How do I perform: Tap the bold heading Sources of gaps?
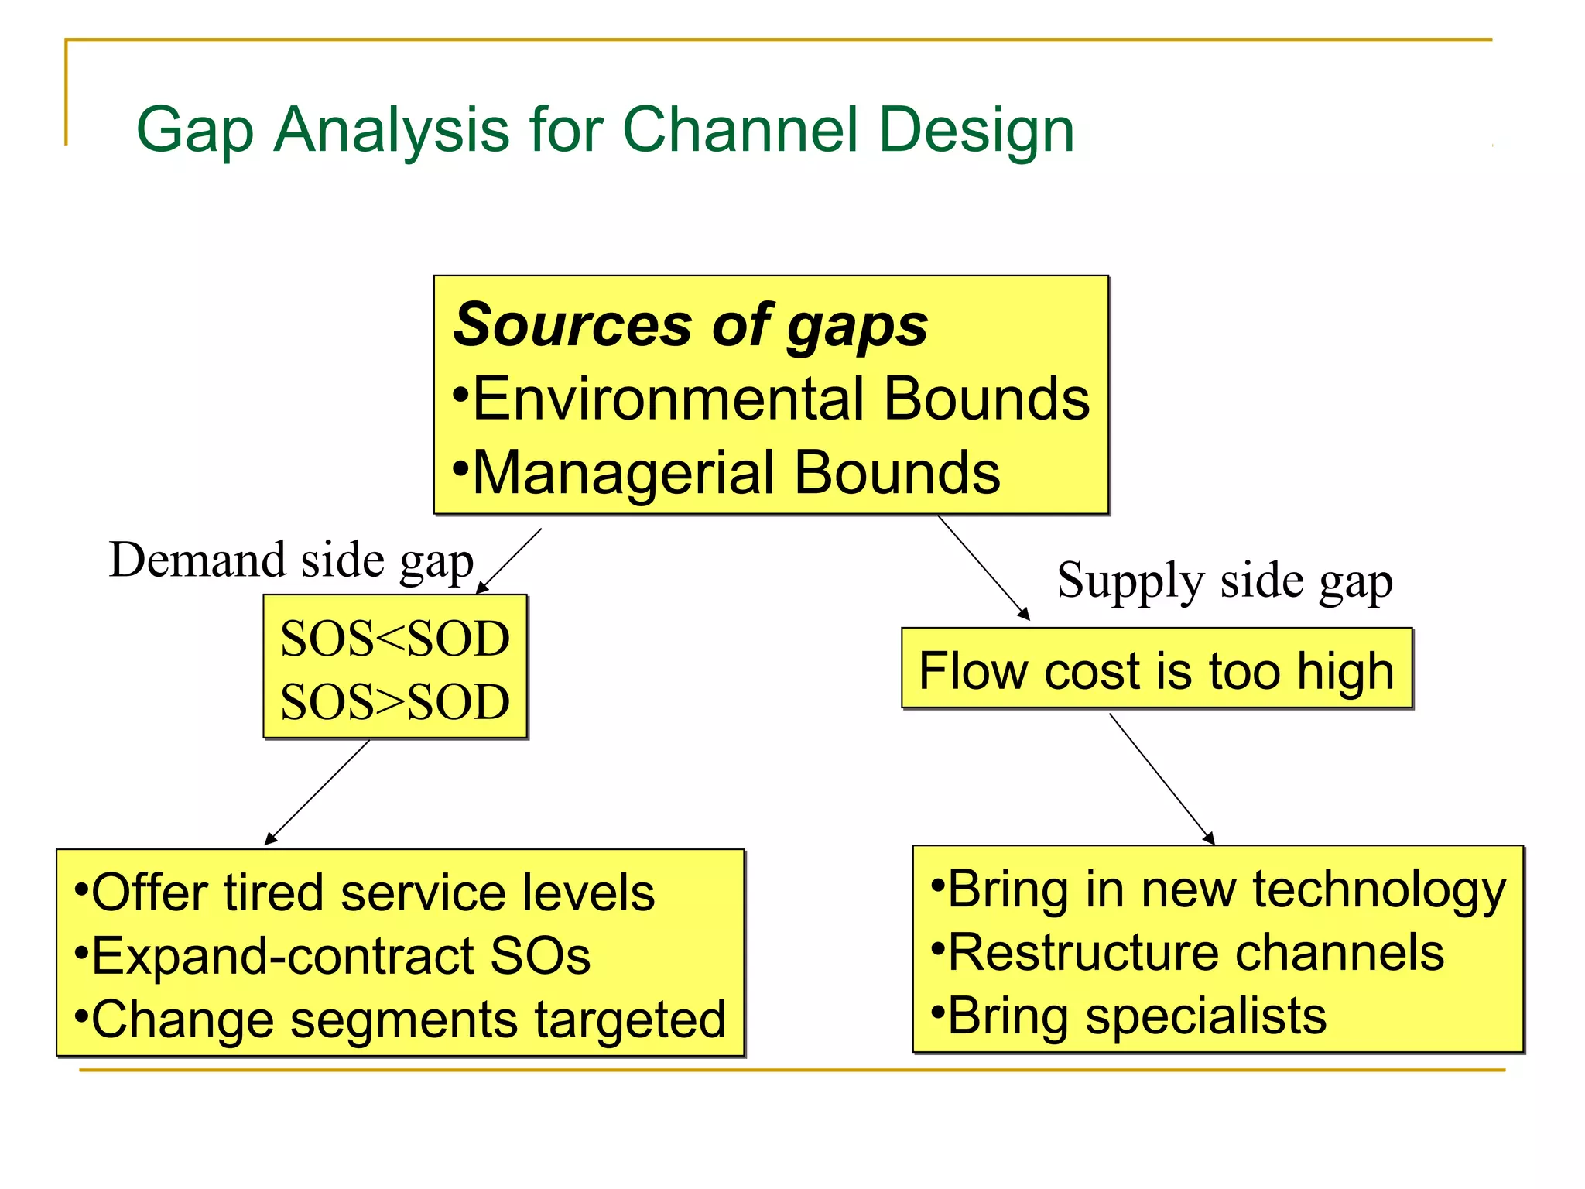(x=690, y=325)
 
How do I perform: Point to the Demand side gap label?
(x=291, y=560)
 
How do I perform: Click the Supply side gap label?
(x=1224, y=581)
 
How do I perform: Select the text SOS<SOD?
(x=395, y=639)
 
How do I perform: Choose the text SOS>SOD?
(x=395, y=703)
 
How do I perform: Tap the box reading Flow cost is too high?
(x=1156, y=670)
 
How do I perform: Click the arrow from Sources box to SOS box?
(x=509, y=561)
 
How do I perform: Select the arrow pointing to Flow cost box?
(x=983, y=567)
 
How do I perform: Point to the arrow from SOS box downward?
(x=317, y=792)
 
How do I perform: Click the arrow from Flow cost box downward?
(x=1161, y=778)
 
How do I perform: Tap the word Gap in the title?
(x=194, y=129)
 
